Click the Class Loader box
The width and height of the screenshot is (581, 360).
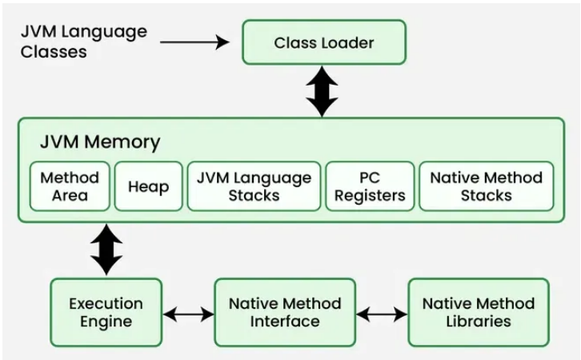[x=324, y=42]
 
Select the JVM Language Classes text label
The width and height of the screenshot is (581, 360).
[x=83, y=42]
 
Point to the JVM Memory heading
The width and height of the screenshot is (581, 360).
[x=100, y=142]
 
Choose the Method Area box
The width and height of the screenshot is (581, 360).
[x=70, y=186]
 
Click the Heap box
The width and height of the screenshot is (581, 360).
[x=148, y=186]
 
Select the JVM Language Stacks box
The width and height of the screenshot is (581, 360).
[x=254, y=186]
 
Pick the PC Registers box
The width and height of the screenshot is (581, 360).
[x=371, y=186]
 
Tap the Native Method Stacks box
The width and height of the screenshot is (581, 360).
[x=486, y=186]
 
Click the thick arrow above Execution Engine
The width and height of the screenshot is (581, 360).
[x=106, y=250]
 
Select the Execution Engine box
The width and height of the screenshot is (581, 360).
[x=106, y=312]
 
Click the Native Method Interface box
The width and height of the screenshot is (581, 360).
[x=284, y=312]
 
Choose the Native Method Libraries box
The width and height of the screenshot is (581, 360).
[x=479, y=312]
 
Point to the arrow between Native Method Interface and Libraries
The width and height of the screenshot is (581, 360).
[x=382, y=314]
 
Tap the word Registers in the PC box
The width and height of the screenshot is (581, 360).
[x=371, y=195]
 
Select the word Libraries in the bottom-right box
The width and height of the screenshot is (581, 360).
[x=479, y=322]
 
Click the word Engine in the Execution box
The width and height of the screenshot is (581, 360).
[x=106, y=322]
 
